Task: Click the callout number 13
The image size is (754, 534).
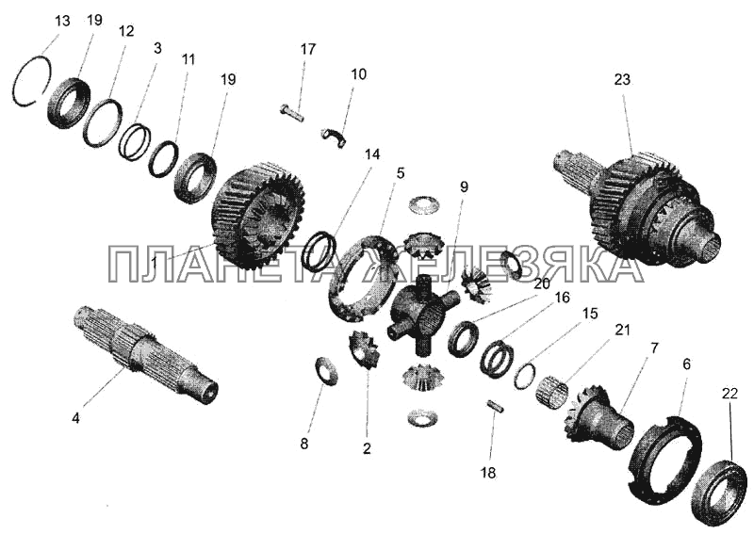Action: click(x=62, y=22)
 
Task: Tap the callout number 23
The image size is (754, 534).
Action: click(x=622, y=79)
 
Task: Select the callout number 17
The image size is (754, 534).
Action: click(x=308, y=49)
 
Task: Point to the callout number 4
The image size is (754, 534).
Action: click(x=75, y=418)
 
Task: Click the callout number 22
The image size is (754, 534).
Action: click(x=729, y=394)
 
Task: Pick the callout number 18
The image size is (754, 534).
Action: click(x=487, y=473)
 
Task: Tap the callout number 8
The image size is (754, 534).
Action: click(x=303, y=444)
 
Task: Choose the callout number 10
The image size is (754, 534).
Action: click(x=358, y=74)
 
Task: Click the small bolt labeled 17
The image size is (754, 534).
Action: click(x=291, y=113)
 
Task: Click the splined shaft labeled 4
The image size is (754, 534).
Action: click(x=146, y=355)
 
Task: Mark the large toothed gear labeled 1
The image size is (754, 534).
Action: click(x=257, y=217)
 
